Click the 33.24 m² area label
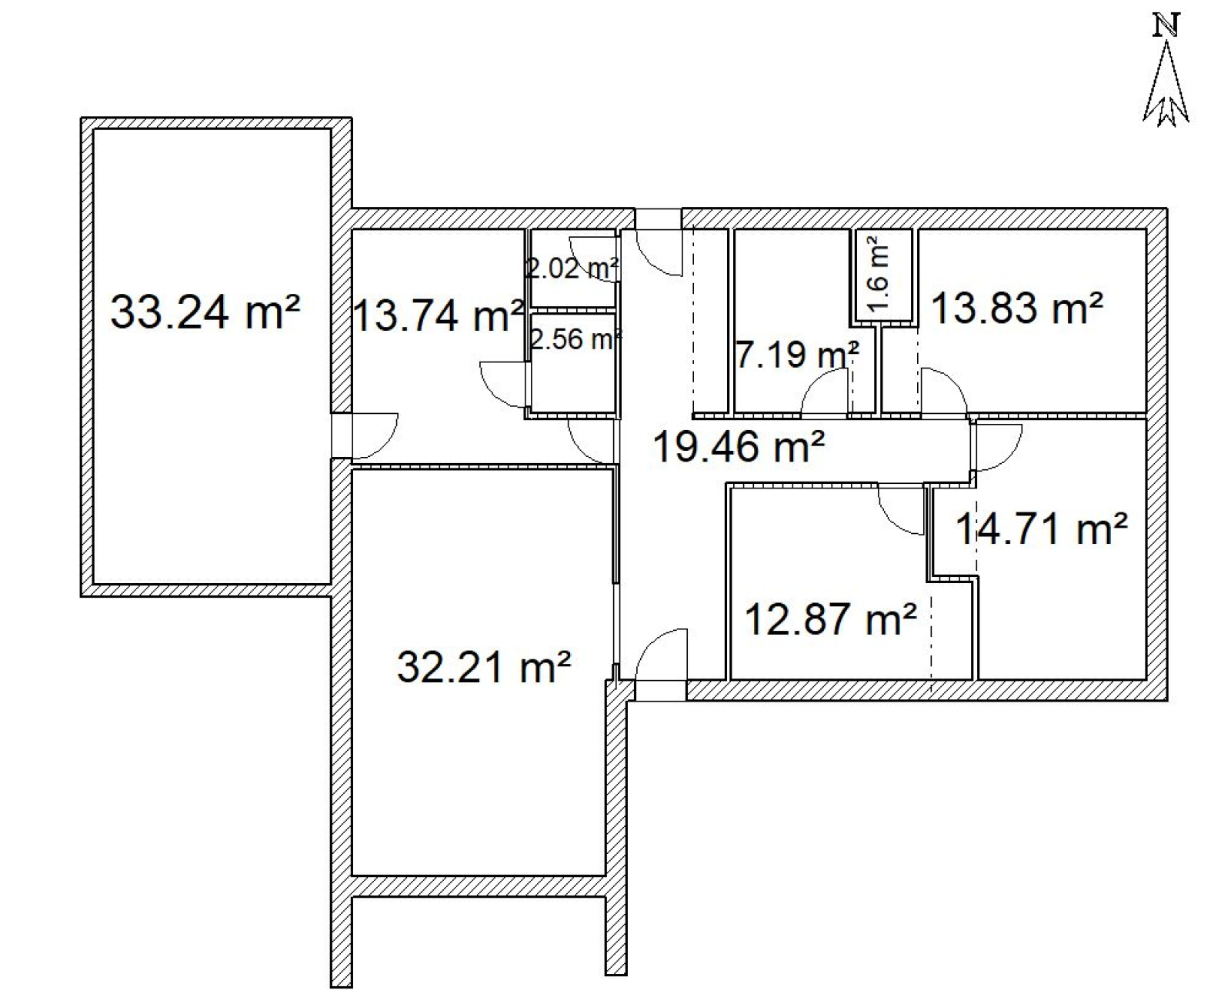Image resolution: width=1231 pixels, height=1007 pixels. click(x=205, y=312)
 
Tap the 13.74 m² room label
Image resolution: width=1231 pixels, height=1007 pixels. click(x=439, y=316)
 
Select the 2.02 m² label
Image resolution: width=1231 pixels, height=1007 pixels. click(x=572, y=268)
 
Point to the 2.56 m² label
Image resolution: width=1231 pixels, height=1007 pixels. click(x=575, y=339)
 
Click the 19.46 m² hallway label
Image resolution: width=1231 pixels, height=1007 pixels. click(x=739, y=447)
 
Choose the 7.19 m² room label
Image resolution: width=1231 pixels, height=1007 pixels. click(x=797, y=354)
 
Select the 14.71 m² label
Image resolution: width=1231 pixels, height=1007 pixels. click(x=1041, y=529)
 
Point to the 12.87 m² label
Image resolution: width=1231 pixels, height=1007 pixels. click(x=831, y=619)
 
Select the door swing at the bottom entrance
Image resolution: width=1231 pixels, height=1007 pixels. click(x=662, y=655)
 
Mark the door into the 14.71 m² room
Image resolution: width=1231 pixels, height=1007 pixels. click(x=997, y=447)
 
